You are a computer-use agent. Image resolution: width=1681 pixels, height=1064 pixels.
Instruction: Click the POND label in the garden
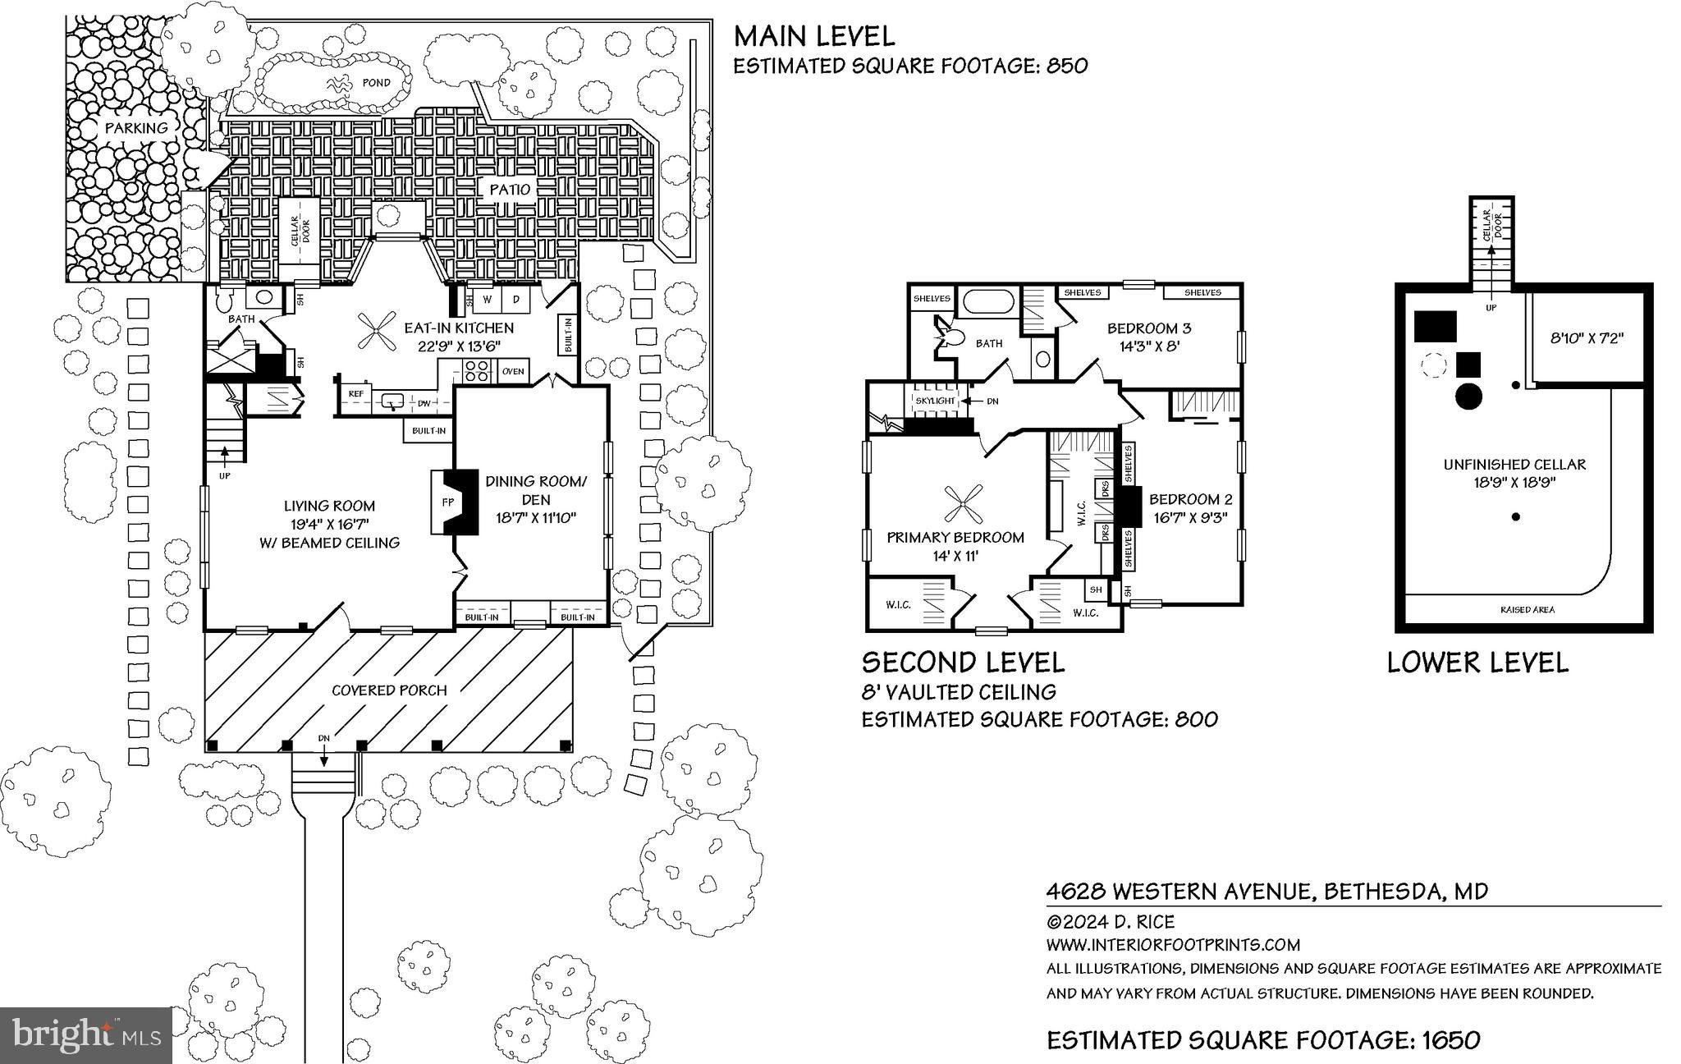pyautogui.click(x=376, y=83)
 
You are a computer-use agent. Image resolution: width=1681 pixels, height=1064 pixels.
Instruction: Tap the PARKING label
pyautogui.click(x=135, y=127)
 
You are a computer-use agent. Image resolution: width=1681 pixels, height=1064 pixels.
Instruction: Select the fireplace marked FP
pyautogui.click(x=449, y=502)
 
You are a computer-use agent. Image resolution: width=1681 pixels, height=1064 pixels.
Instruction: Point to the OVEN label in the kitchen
pyautogui.click(x=513, y=371)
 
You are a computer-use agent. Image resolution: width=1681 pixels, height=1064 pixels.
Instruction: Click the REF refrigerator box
pyautogui.click(x=355, y=394)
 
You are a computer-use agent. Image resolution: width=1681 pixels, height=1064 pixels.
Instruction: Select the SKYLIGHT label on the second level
pyautogui.click(x=935, y=401)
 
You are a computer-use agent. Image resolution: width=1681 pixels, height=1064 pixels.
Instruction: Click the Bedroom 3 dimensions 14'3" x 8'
pyautogui.click(x=1149, y=346)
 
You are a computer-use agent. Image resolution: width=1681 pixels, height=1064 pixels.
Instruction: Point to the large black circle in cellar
pyautogui.click(x=1468, y=396)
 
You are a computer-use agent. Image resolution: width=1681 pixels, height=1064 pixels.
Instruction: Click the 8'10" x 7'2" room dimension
pyautogui.click(x=1587, y=337)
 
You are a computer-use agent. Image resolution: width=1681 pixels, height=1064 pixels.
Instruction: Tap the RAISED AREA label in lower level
pyautogui.click(x=1527, y=610)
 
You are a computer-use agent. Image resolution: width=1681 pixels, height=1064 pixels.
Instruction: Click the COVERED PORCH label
pyautogui.click(x=389, y=690)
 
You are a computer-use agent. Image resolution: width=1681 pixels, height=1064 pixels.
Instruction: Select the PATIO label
pyautogui.click(x=510, y=189)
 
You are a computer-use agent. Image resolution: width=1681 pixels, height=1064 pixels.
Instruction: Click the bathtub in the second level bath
pyautogui.click(x=990, y=301)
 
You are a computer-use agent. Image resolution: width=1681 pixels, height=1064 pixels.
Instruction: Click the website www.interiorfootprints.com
pyautogui.click(x=1173, y=945)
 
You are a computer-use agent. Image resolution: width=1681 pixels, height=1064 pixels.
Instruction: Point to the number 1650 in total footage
pyautogui.click(x=1452, y=1040)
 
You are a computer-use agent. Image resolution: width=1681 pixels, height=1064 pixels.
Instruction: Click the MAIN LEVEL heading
pyautogui.click(x=813, y=36)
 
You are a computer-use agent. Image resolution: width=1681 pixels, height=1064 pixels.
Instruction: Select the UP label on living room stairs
pyautogui.click(x=223, y=476)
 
